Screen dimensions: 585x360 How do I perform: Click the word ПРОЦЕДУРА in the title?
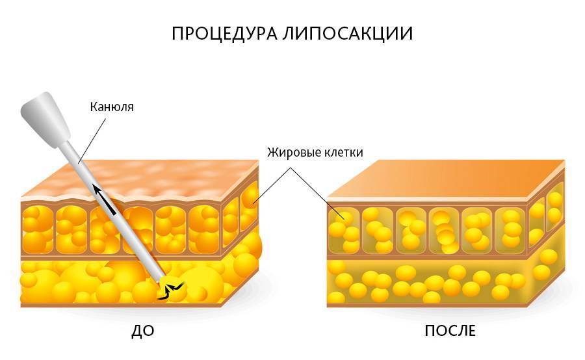coord(224,34)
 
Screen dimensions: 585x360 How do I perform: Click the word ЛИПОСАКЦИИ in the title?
coord(347,34)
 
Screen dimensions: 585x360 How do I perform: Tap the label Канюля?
coord(112,107)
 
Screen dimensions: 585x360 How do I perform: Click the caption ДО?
coord(142,331)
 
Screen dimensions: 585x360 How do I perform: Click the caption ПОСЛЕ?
coord(450,331)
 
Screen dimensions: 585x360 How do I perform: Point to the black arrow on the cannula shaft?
coord(105,199)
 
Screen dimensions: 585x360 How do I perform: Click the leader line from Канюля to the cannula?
coord(92,140)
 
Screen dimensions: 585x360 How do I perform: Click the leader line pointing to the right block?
coord(317,192)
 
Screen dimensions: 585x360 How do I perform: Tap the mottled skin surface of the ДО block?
coord(140,178)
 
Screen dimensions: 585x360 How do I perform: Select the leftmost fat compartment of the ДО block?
coord(37,229)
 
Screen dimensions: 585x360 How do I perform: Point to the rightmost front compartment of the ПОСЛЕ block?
coord(510,231)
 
